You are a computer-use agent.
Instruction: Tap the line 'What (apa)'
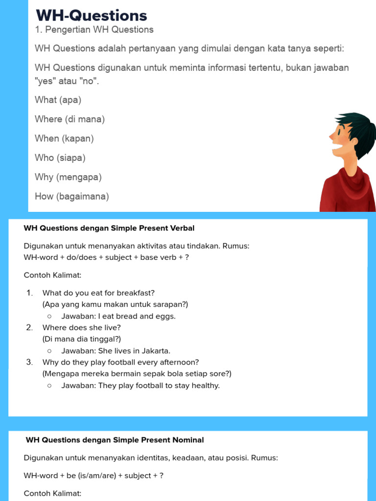(58, 100)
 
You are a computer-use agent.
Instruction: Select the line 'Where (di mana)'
(70, 119)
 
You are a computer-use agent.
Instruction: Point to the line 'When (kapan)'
(64, 138)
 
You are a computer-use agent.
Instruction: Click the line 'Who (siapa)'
(60, 158)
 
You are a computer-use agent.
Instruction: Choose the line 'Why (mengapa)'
(68, 177)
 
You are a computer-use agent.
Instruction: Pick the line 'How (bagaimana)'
(71, 197)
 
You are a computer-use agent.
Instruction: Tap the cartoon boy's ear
(353, 141)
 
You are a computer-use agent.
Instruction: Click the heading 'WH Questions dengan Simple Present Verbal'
(109, 228)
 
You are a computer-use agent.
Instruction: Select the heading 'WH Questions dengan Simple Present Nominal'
(115, 440)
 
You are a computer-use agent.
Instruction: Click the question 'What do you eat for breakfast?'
(98, 293)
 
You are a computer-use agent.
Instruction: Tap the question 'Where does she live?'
(81, 328)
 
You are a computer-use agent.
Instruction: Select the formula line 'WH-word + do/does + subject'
(106, 257)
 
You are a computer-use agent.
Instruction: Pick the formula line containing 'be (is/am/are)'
(94, 476)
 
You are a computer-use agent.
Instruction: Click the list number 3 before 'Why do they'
(29, 363)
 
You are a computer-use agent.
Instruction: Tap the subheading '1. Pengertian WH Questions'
(94, 30)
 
